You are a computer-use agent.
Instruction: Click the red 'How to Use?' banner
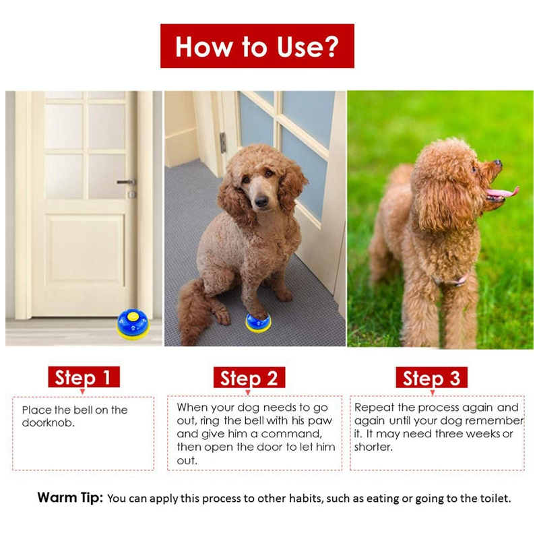pos(257,46)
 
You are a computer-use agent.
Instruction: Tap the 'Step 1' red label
pos(84,377)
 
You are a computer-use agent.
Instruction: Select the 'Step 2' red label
pos(249,377)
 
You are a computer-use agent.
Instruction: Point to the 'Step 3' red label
pos(431,377)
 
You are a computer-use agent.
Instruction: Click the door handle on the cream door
pos(126,182)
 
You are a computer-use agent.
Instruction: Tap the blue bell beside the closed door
pos(133,325)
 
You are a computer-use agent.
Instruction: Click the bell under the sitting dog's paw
pos(258,324)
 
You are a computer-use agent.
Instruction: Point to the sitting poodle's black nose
pos(261,201)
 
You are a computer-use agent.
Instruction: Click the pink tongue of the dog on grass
pos(503,192)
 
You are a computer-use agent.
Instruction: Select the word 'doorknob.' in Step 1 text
pos(48,423)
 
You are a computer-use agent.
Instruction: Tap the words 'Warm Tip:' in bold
pos(70,497)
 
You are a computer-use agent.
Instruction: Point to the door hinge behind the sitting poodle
pos(223,142)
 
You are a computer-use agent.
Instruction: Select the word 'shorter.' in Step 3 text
pos(373,447)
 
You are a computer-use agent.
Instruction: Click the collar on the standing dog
pos(452,280)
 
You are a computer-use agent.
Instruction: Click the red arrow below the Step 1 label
pos(82,391)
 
